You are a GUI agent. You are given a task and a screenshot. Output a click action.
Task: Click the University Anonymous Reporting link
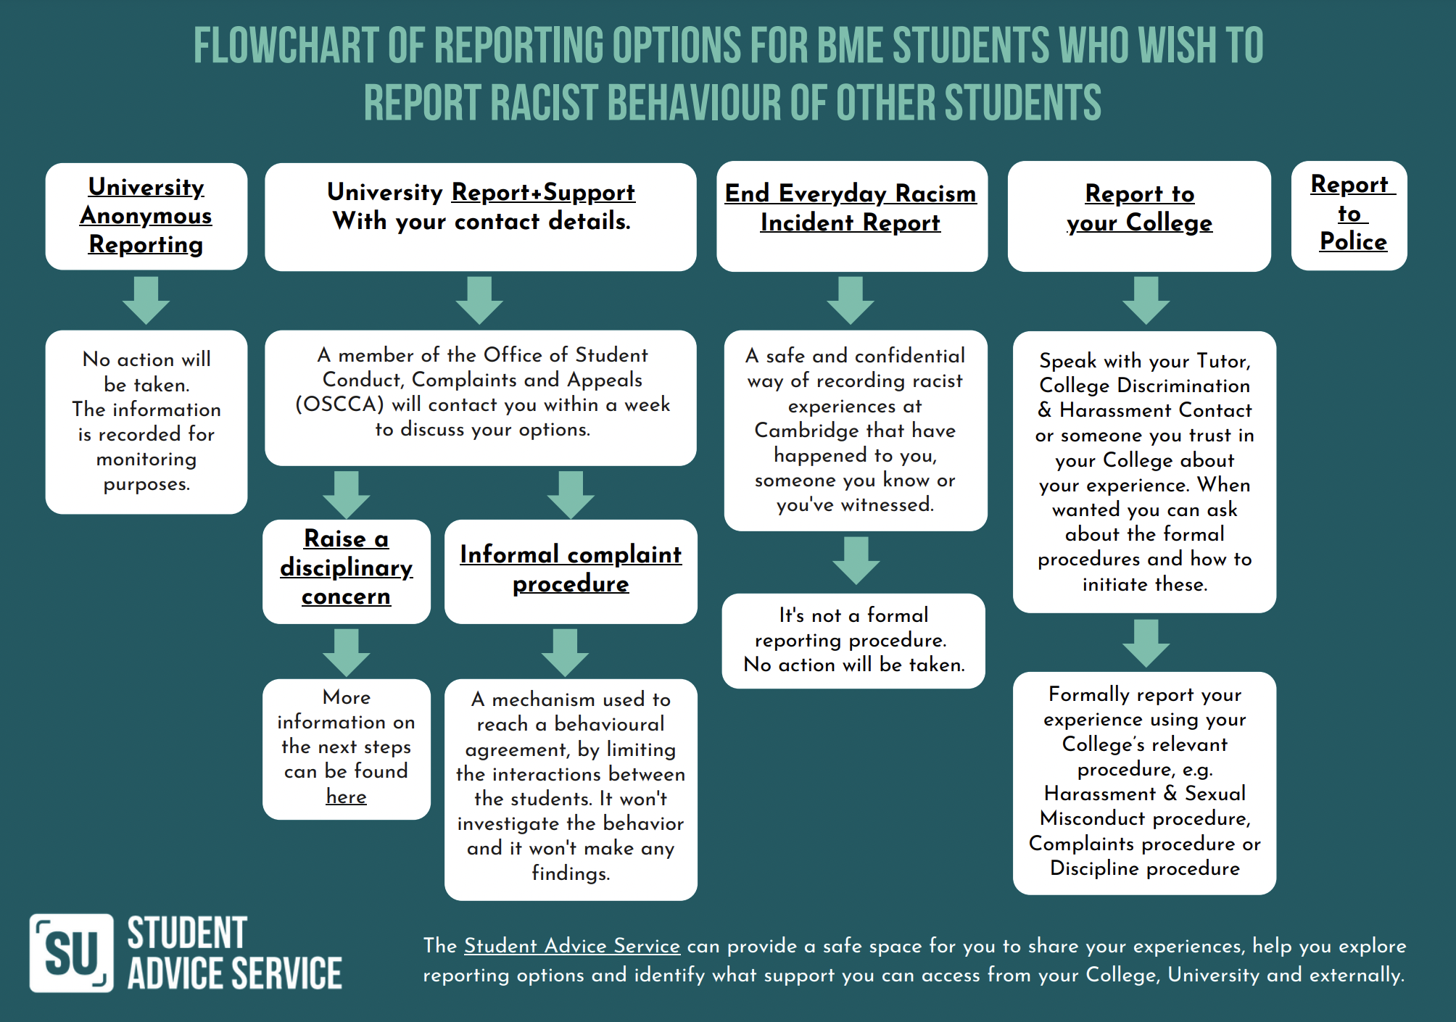point(146,215)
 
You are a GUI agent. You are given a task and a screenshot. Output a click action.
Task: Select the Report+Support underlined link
point(543,192)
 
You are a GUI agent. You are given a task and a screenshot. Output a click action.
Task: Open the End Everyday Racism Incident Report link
point(851,208)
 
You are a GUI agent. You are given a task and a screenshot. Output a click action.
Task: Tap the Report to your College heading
point(1139,208)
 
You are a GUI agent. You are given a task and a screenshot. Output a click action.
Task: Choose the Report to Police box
point(1349,216)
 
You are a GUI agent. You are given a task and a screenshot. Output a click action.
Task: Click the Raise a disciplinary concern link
point(347,568)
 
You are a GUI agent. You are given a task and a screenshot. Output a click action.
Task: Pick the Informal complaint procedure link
point(571,569)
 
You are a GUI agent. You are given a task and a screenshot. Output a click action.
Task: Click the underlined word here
point(346,797)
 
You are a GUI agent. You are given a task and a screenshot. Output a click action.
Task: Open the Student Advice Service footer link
point(572,946)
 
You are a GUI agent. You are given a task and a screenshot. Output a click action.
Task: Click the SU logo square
point(72,952)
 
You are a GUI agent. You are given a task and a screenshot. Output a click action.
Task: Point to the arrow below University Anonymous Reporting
point(146,300)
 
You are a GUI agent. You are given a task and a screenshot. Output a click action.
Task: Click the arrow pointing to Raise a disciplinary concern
point(347,495)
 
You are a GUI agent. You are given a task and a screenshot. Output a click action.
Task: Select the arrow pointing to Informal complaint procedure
point(571,495)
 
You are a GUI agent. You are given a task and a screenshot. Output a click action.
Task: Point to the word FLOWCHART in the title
point(286,45)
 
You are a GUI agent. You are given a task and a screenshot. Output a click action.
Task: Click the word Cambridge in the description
point(806,431)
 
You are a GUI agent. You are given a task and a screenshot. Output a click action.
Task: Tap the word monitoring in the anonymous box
point(146,460)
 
